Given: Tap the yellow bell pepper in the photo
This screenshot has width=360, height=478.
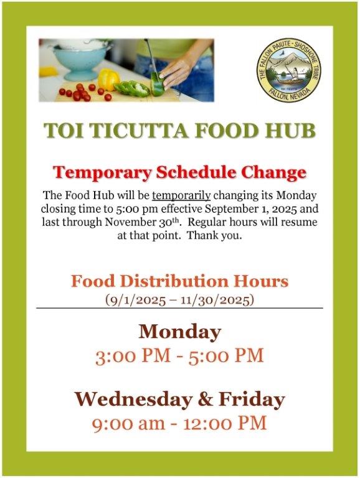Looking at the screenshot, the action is pos(108,79).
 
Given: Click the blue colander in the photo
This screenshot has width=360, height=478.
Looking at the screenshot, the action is pos(80,59).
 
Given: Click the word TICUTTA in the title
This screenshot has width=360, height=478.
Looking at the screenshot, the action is pos(136,131).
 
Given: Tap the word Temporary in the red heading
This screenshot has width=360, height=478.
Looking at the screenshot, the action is pos(103,173).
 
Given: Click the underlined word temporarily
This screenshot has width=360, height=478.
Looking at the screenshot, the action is pos(181,195).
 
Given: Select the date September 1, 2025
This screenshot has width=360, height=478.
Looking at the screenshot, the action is pos(247,209).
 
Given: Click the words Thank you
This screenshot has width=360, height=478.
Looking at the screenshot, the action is pos(214,236).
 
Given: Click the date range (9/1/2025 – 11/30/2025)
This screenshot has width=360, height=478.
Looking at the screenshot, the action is pos(180,300).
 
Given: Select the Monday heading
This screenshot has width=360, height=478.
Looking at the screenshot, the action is pos(180,332).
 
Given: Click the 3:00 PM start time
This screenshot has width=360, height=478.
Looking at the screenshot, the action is pos(133,356).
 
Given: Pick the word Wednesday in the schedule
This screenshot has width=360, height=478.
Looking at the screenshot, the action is pos(133,400).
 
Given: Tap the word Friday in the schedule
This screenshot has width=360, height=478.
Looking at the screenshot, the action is pos(252,400).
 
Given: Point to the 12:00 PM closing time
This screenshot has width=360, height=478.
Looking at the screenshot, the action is pos(225,423).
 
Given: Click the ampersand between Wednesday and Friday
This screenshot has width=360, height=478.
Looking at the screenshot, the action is pos(205,400).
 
